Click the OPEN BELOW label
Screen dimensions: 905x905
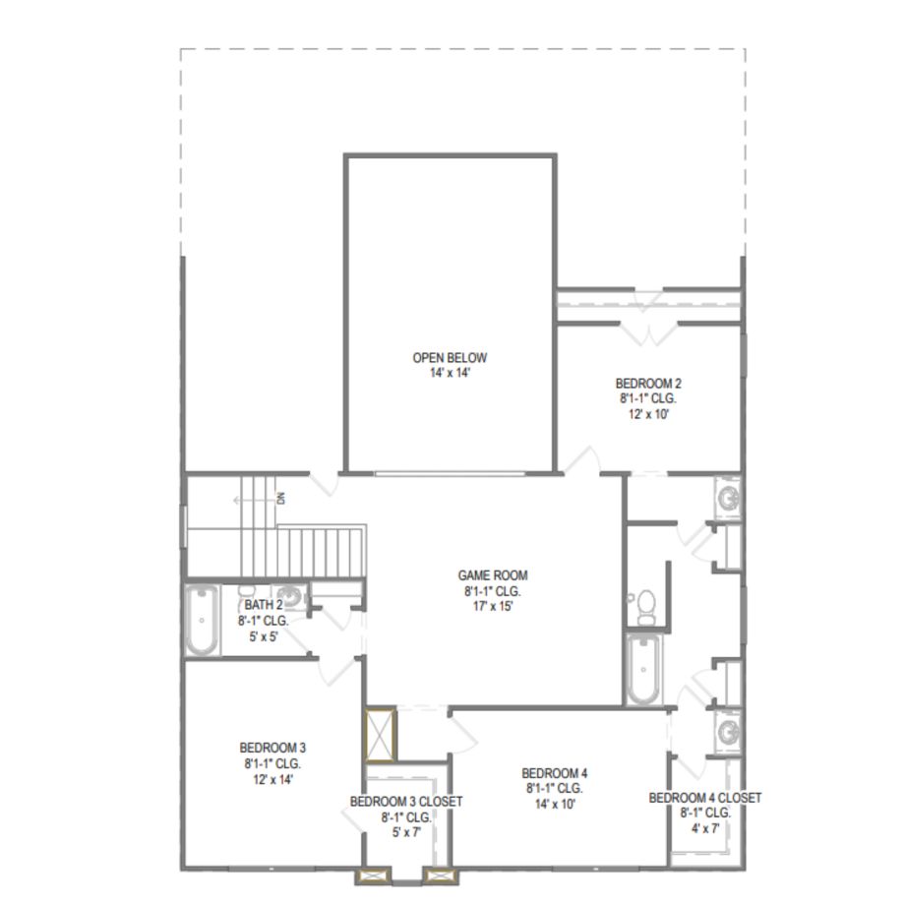450,358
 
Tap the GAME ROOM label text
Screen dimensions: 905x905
492,575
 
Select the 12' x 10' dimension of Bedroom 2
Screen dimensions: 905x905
648,414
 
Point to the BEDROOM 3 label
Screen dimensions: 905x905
272,748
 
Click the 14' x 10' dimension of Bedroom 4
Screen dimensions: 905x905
555,804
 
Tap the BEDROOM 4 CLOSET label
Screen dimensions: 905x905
704,798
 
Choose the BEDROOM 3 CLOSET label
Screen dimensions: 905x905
406,802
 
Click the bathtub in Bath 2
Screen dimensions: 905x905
202,621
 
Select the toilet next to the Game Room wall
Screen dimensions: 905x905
646,605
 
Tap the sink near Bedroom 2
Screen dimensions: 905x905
728,497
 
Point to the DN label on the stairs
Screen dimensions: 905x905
281,498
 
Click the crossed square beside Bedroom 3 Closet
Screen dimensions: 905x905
381,736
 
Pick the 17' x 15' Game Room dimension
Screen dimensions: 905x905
492,607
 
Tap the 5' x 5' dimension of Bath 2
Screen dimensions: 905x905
264,636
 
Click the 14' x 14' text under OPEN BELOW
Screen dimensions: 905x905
451,373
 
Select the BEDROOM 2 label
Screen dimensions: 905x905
648,384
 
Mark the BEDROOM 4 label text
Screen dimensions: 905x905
555,773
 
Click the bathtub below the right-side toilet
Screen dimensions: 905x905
643,670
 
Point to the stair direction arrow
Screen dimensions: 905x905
255,500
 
